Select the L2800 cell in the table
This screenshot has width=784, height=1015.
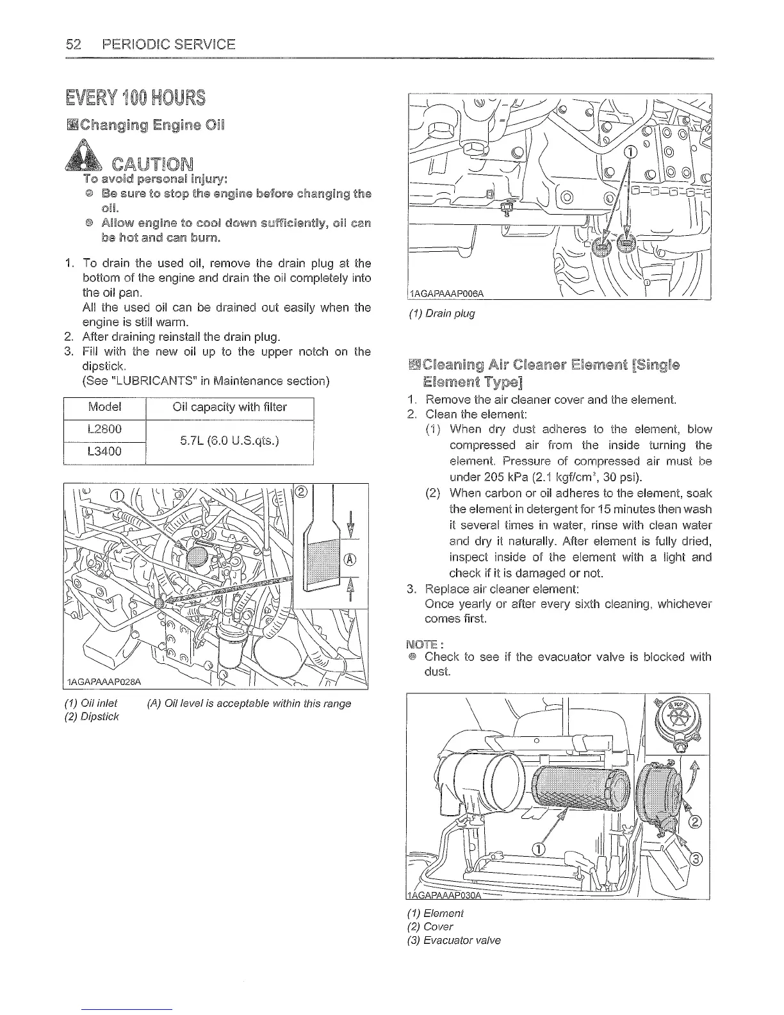coord(105,429)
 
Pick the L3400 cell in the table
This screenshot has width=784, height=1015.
coord(105,452)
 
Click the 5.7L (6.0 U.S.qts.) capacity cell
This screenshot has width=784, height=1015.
coord(230,441)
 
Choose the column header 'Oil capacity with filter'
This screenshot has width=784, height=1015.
coord(230,408)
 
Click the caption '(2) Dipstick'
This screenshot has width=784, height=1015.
coord(92,716)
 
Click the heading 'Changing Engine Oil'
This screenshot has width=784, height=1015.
coord(150,124)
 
